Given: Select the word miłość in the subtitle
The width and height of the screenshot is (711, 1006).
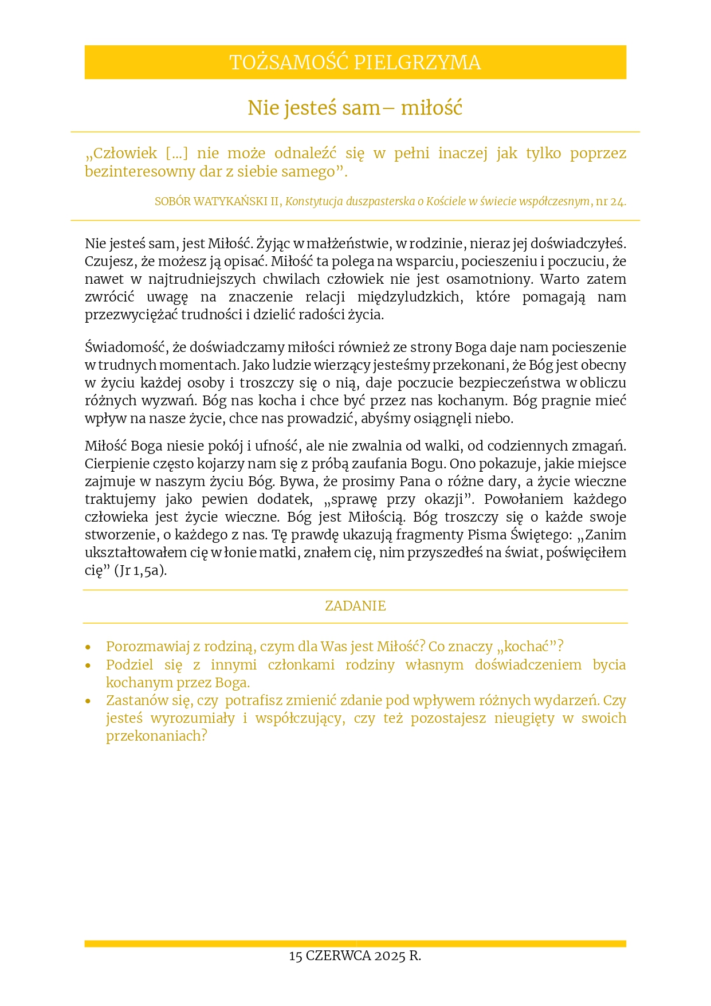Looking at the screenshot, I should click(x=431, y=108).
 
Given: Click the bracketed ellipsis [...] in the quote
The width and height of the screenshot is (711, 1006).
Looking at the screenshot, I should click(x=176, y=154).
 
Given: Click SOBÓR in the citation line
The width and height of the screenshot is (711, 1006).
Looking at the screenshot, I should click(x=173, y=202).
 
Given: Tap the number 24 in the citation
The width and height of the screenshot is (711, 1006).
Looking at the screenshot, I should click(x=618, y=202).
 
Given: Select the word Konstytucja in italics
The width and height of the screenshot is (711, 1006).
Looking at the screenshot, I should click(x=314, y=202).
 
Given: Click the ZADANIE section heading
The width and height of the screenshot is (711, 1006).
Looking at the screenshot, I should click(x=355, y=606).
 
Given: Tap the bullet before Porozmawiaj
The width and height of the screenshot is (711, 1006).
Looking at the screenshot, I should click(x=88, y=647).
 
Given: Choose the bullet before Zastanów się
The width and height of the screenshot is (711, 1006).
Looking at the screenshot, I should click(x=88, y=701).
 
